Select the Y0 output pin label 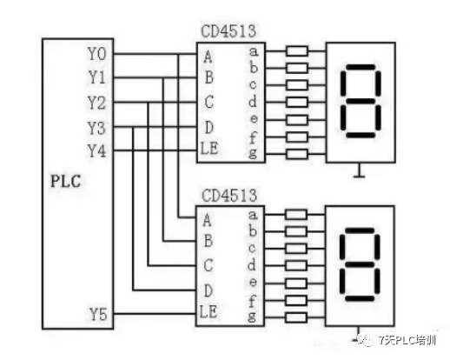[x=97, y=54]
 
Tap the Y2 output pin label [x=97, y=103]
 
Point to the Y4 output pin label [x=97, y=150]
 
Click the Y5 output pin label [x=97, y=312]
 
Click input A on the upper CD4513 [x=208, y=57]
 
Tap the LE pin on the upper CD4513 [x=209, y=150]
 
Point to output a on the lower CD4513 [x=253, y=214]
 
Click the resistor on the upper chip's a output [x=296, y=51]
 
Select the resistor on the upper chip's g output [x=296, y=154]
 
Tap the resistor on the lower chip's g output [x=296, y=316]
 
